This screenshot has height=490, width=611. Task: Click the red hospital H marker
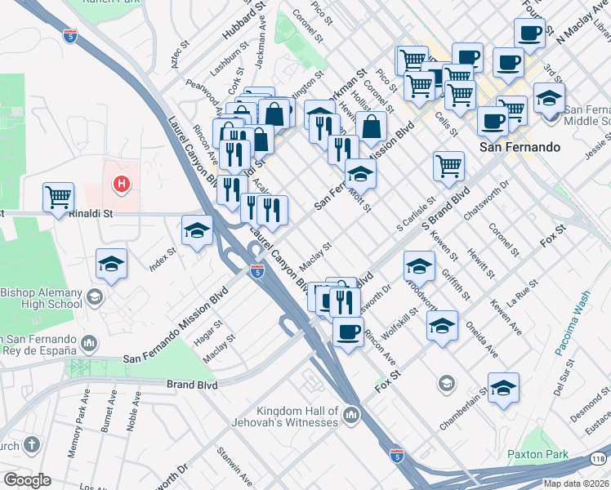point(122,185)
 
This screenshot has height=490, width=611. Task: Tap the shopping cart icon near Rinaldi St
point(59,197)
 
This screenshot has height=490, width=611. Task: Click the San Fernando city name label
point(520,147)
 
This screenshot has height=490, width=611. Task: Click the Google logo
point(26,480)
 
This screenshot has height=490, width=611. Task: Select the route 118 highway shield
point(598,459)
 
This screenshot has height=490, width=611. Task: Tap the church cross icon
point(31,445)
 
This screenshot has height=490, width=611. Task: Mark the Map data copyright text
point(576,483)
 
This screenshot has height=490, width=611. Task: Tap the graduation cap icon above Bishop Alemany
point(112,264)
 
